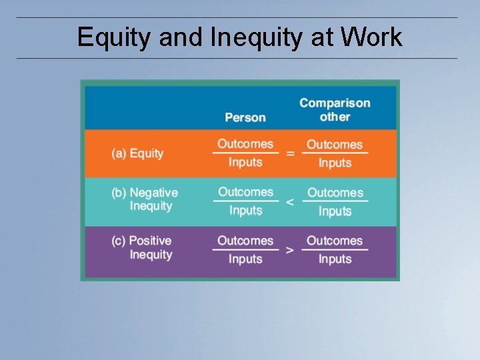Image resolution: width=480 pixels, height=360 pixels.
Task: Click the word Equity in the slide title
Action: (x=114, y=37)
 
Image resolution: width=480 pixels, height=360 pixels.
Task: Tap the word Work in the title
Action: (x=371, y=37)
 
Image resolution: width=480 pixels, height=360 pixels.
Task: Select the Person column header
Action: (x=245, y=117)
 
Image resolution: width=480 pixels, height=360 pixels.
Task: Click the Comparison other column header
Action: (x=335, y=110)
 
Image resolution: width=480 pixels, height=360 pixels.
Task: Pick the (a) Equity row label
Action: (x=137, y=153)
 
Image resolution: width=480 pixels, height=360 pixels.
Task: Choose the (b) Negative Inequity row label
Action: (x=145, y=199)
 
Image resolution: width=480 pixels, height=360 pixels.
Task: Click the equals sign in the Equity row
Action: (x=290, y=154)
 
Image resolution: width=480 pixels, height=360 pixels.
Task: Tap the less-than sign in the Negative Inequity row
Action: (x=289, y=202)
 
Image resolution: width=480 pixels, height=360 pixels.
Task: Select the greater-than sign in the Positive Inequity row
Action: (x=289, y=251)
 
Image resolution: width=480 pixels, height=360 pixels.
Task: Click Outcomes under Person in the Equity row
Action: (x=245, y=144)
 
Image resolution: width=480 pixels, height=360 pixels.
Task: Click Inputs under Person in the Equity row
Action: (x=245, y=162)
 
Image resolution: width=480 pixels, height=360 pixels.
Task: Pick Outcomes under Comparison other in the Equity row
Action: (x=335, y=145)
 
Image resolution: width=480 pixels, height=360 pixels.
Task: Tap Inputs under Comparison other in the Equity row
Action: (x=335, y=163)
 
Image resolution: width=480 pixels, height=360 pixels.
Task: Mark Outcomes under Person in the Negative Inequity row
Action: (x=245, y=192)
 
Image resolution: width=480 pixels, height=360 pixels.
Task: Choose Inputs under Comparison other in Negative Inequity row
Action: (x=335, y=211)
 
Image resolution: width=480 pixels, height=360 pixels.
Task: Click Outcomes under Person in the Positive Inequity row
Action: (x=245, y=241)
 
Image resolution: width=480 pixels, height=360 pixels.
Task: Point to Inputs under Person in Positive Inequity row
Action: (x=245, y=259)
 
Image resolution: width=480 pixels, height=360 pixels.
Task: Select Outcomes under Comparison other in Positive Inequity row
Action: (x=335, y=241)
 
